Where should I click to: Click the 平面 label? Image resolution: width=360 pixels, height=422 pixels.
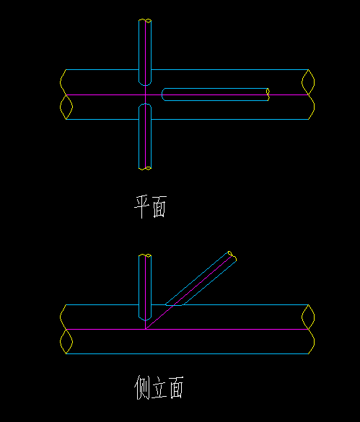click(151, 207)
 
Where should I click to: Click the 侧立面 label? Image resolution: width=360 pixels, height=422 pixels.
click(159, 387)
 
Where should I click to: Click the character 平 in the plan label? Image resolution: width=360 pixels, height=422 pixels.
click(141, 207)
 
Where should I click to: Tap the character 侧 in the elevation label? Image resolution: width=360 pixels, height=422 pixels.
click(141, 387)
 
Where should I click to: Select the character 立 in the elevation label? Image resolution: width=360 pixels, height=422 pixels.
click(159, 388)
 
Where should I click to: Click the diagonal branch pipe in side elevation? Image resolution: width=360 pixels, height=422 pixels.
click(201, 278)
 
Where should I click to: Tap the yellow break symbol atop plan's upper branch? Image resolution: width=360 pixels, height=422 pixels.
click(145, 20)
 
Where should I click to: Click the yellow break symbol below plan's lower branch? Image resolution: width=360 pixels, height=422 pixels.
click(145, 169)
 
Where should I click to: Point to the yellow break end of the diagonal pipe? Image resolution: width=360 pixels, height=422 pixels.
click(232, 256)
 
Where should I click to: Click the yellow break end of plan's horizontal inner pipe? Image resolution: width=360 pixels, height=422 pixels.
click(268, 94)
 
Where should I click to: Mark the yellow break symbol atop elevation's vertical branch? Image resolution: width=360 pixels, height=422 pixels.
click(145, 255)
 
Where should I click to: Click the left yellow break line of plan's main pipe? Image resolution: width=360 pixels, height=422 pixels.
click(66, 94)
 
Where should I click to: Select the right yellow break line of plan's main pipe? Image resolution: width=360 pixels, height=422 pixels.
click(308, 94)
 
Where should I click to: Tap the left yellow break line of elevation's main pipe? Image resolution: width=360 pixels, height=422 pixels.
click(66, 329)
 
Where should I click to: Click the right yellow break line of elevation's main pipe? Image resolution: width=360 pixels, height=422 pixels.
click(308, 329)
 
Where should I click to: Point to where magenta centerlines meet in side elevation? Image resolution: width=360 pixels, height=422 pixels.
click(146, 329)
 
